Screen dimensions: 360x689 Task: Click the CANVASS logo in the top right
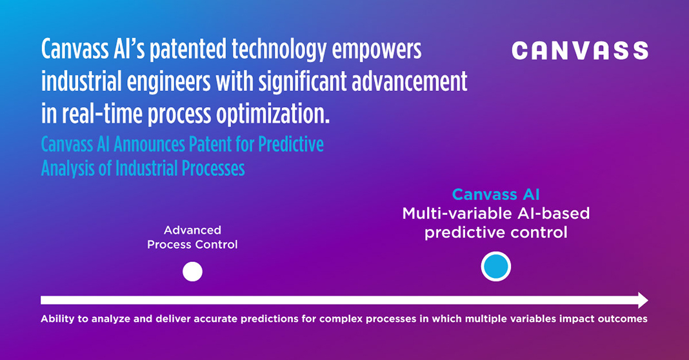[x=580, y=50]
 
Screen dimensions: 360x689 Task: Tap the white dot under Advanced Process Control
[x=192, y=272]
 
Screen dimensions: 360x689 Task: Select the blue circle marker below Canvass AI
[x=496, y=266]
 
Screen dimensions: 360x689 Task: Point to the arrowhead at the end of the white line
[x=643, y=300]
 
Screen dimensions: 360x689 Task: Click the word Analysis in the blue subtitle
[x=68, y=168]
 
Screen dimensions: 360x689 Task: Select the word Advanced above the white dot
[x=192, y=230]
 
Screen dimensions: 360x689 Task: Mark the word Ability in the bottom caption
[x=55, y=319]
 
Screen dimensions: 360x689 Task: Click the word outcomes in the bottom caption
[x=623, y=319]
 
